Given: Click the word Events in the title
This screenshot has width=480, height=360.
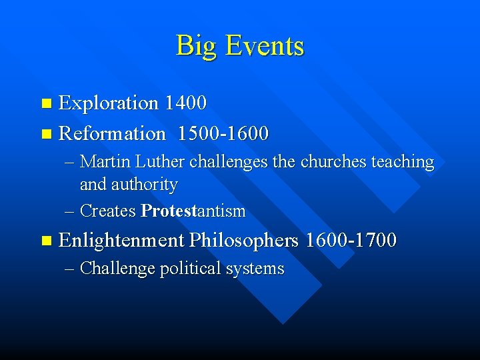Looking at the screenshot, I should coord(265,47).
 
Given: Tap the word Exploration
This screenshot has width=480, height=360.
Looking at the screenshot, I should coord(109,103).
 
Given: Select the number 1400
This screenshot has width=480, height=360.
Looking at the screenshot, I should coord(185,103).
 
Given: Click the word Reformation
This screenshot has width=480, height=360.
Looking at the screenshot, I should coord(112,134).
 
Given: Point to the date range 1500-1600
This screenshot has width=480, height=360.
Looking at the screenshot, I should coord(223,134).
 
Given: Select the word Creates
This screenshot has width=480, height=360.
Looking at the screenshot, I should coord(108,211).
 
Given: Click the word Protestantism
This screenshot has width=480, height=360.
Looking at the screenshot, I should coord(193,211).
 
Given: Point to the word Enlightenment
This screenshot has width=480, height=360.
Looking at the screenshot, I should coord(121,240).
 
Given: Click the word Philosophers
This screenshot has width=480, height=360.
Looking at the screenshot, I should coord(244,240).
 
